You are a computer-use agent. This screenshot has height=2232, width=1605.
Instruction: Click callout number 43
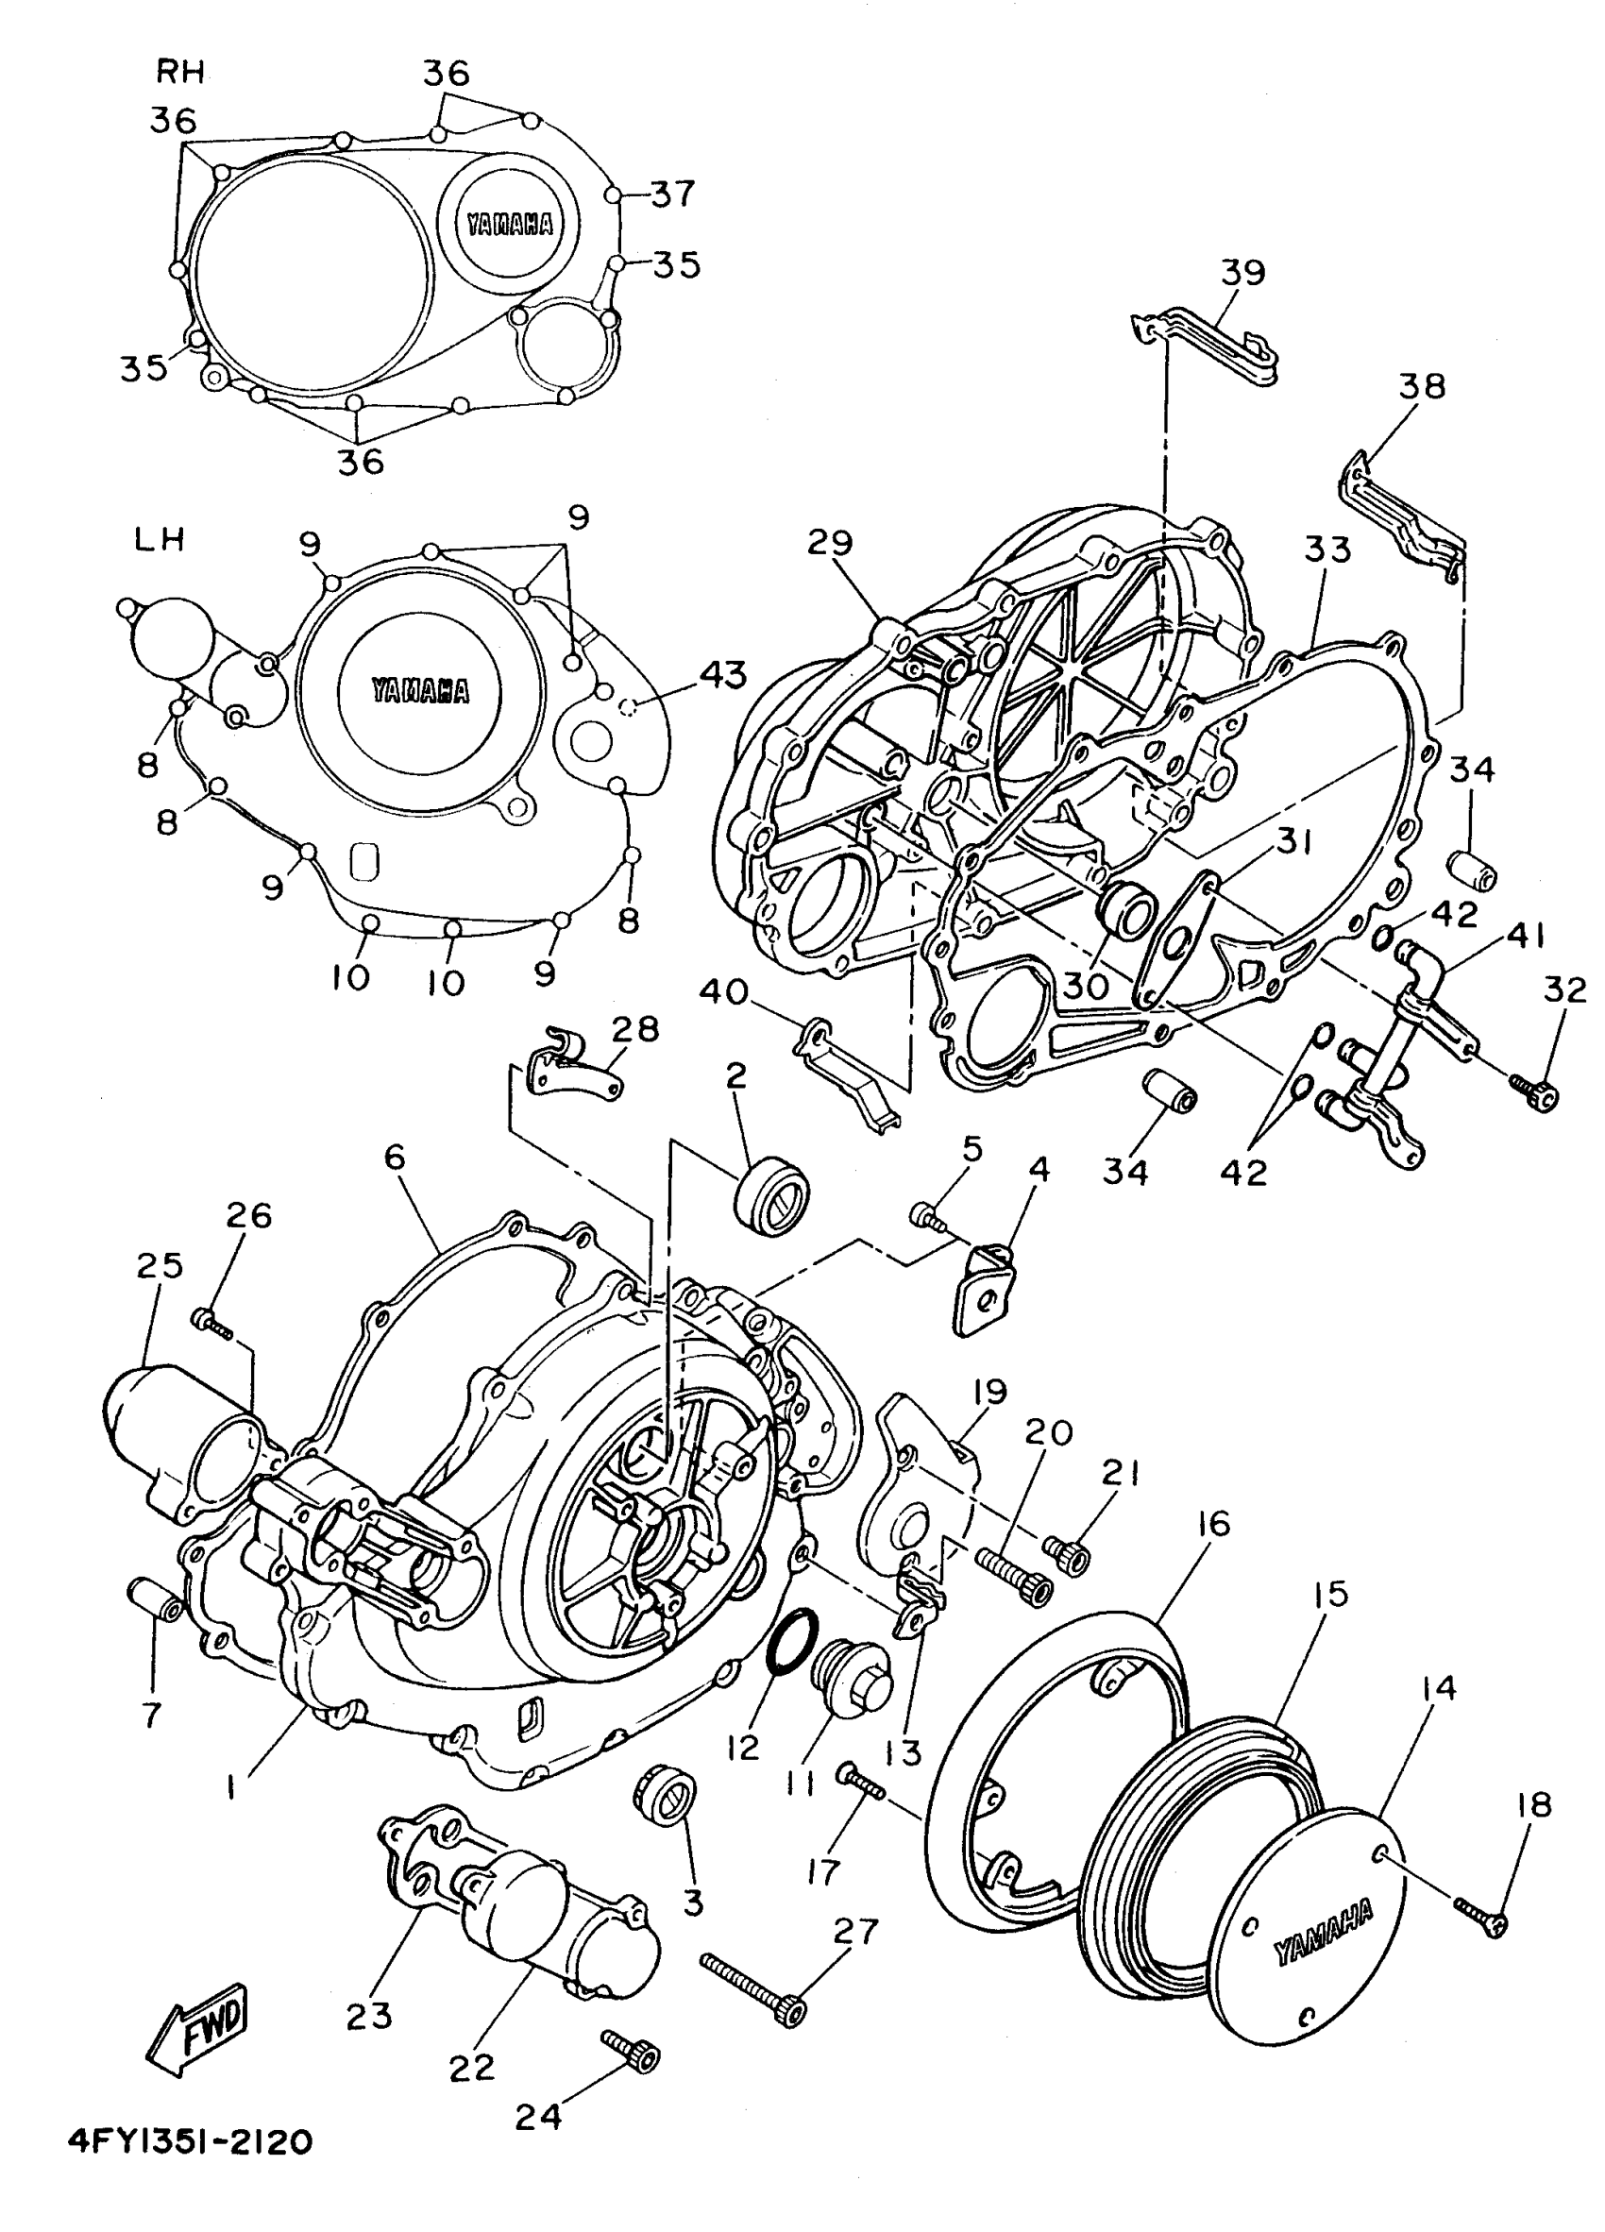[723, 676]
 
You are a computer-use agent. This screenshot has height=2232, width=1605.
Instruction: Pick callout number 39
[1242, 273]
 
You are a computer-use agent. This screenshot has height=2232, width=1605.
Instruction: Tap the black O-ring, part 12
[792, 1644]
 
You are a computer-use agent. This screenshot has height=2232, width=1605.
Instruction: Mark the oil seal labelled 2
[773, 1195]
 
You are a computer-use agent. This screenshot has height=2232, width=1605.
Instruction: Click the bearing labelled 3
[665, 1796]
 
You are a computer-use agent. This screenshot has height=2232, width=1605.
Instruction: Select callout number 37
[673, 194]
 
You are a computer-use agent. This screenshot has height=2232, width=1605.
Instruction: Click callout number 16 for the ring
[1214, 1525]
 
